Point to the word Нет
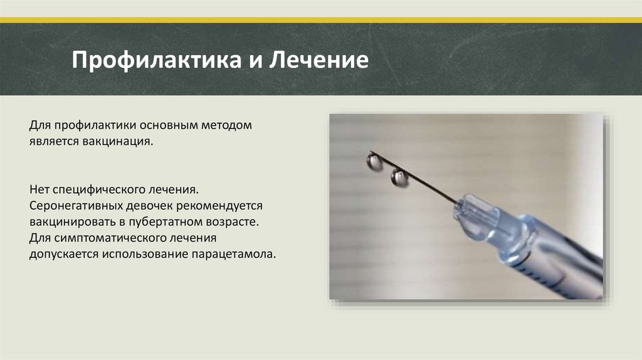coord(38,189)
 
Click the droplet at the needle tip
coord(374,162)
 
